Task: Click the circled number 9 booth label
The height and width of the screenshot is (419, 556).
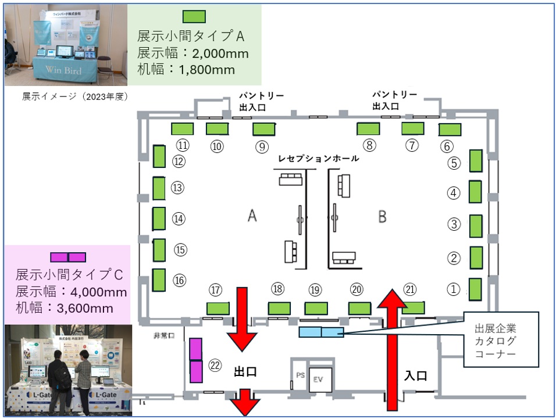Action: (261, 147)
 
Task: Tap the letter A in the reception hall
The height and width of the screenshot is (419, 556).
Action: (252, 216)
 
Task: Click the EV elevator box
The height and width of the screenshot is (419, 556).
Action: (319, 379)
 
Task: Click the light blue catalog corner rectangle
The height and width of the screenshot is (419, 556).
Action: (321, 332)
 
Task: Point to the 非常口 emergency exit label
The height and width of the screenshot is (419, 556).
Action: (165, 336)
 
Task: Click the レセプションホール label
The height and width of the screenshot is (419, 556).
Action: (318, 159)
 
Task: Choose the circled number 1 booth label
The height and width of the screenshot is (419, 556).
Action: (453, 288)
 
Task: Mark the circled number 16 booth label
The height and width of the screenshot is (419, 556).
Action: (179, 280)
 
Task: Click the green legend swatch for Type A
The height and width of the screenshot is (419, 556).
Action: (194, 16)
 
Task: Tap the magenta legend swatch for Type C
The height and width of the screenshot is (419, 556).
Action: (68, 257)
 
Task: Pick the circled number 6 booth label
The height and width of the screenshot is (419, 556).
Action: (447, 146)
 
